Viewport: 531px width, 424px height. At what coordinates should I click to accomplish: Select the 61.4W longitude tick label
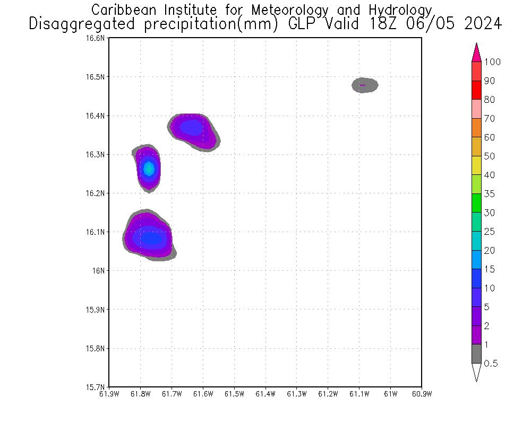(265, 394)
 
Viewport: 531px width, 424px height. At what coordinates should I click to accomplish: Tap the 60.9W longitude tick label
(421, 394)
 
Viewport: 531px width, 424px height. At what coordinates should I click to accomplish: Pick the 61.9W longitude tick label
(109, 394)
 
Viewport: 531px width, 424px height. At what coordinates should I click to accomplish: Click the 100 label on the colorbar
(492, 62)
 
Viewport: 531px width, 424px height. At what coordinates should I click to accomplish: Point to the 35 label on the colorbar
(489, 194)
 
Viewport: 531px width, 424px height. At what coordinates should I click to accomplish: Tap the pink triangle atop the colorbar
(476, 53)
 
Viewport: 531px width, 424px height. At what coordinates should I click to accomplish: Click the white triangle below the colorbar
(476, 372)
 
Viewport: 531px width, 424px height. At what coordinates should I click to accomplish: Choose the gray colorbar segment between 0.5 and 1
(476, 354)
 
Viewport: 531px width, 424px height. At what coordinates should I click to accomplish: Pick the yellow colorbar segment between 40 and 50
(476, 165)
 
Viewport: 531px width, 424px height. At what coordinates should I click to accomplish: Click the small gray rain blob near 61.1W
(365, 85)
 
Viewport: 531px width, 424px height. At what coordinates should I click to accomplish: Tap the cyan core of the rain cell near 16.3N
(149, 169)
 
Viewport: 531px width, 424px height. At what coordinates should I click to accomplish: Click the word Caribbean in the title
(126, 10)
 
